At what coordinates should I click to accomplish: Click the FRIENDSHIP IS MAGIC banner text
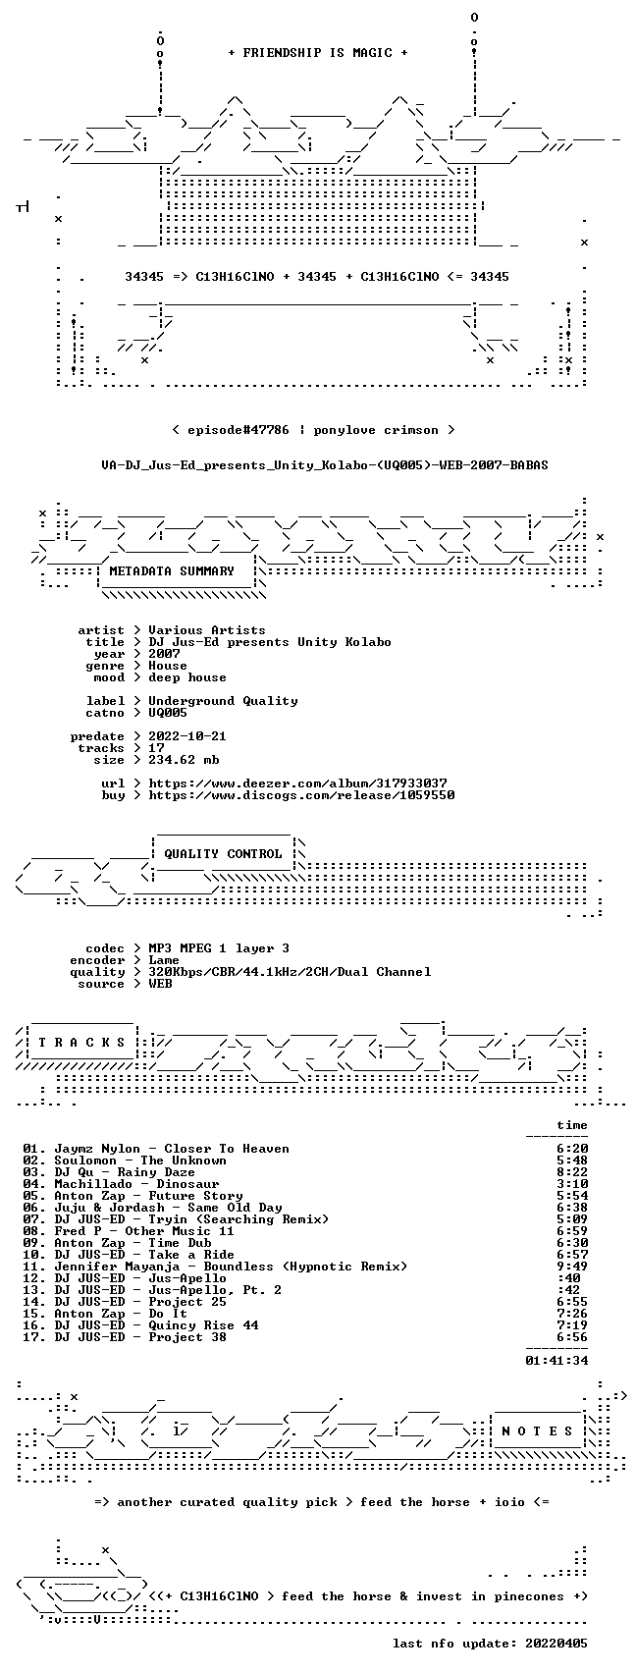click(x=318, y=53)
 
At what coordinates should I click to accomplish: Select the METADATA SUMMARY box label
click(x=172, y=571)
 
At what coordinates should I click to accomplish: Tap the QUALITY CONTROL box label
click(x=223, y=853)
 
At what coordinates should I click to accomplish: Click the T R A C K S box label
click(x=82, y=1043)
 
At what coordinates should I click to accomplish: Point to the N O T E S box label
click(x=538, y=1431)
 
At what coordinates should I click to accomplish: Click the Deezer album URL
click(x=297, y=783)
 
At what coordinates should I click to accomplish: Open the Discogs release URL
click(x=301, y=795)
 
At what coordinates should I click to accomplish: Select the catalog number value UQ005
click(x=168, y=713)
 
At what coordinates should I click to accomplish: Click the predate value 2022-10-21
click(x=187, y=736)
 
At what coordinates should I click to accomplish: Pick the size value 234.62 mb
click(x=184, y=760)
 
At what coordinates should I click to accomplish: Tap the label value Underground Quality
click(x=223, y=701)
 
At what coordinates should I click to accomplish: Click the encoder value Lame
click(x=164, y=960)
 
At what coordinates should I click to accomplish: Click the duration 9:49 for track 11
click(x=572, y=1267)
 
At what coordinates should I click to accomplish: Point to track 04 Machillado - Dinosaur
click(x=136, y=1184)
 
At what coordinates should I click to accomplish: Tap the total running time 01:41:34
click(x=556, y=1361)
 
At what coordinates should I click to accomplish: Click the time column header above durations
click(x=572, y=1125)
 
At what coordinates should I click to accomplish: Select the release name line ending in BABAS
click(x=325, y=465)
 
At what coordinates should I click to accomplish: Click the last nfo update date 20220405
click(x=556, y=1644)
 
